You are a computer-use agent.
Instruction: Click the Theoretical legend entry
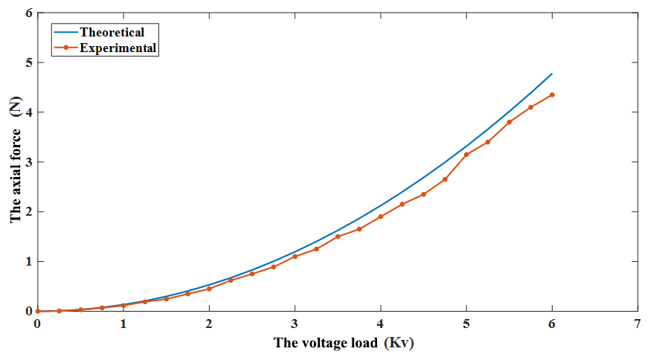tap(112, 32)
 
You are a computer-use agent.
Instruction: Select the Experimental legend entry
tap(118, 48)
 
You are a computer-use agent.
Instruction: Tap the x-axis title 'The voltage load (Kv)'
tap(344, 343)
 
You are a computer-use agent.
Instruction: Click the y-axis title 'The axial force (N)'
tap(16, 162)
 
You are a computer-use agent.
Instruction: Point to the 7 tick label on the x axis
tap(637, 325)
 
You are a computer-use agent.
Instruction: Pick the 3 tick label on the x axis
tap(295, 325)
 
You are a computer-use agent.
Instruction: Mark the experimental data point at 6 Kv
tap(552, 94)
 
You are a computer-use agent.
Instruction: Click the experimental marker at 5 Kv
tap(466, 155)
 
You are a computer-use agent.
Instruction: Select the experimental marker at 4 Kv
tap(381, 216)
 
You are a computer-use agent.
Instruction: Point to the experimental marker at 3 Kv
tap(295, 257)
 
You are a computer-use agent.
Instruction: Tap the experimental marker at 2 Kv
tap(209, 289)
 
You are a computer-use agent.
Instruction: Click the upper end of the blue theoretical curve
tap(552, 74)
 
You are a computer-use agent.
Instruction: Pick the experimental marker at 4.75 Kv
tap(445, 179)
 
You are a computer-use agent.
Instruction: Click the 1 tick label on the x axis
tap(123, 325)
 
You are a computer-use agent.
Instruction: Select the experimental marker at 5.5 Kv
tap(509, 122)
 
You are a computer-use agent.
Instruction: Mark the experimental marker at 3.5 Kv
tap(338, 237)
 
